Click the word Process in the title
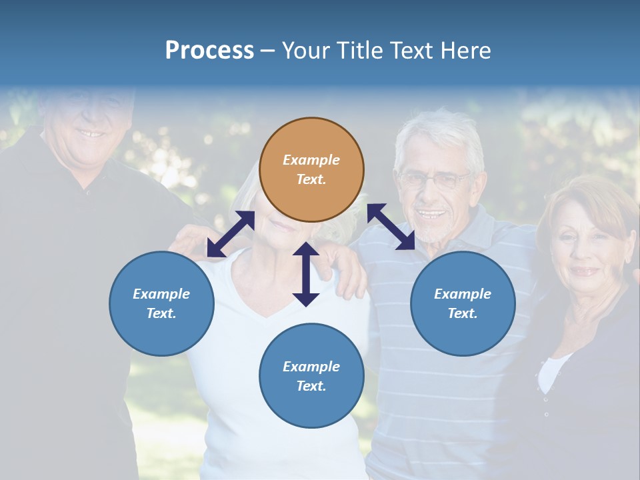coord(209,51)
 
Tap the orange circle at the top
coord(311,169)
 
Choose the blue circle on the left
coord(161,303)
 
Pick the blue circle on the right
coord(463,303)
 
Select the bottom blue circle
coord(311,376)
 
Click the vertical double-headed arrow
coord(306,274)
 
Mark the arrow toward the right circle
coord(391,227)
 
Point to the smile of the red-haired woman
coord(585,271)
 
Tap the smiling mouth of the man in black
coord(90,133)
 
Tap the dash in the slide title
coord(267,51)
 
